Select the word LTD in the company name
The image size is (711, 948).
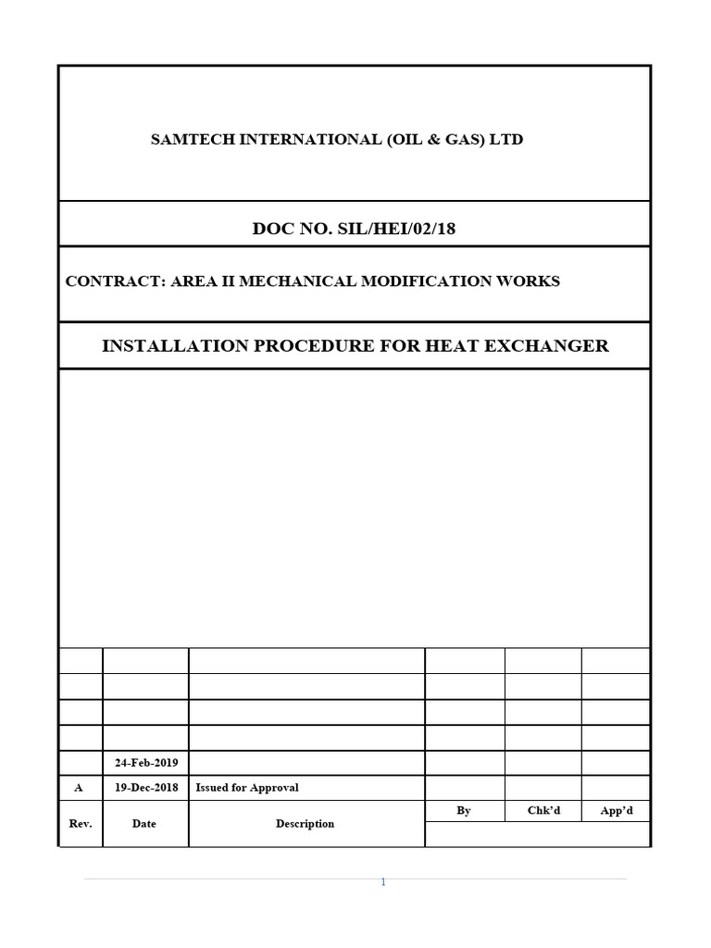[505, 140]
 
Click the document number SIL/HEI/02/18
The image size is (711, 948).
[399, 229]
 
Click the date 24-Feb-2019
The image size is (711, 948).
[145, 763]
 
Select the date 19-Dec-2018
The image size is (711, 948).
[145, 788]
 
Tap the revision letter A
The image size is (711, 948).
[79, 788]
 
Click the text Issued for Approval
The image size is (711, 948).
[247, 788]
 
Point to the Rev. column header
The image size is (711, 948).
[81, 823]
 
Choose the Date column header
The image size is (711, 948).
[144, 823]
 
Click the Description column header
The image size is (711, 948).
[305, 823]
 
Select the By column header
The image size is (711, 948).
[464, 810]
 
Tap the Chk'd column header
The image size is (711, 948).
[543, 810]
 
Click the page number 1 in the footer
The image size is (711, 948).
[383, 882]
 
